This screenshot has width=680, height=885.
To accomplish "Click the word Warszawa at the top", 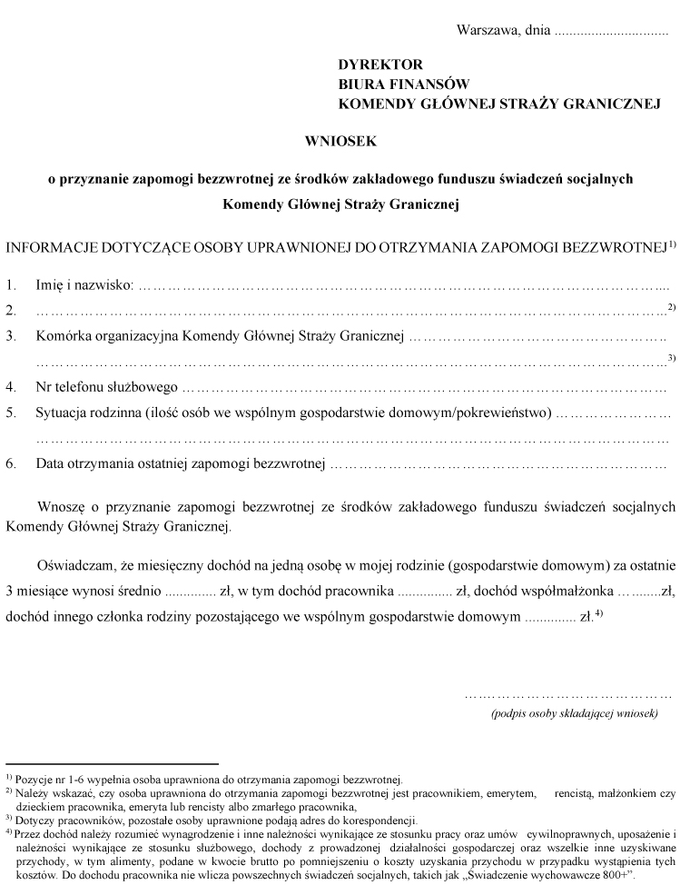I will (486, 29).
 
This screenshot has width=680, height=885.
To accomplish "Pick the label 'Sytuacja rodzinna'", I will (87, 413).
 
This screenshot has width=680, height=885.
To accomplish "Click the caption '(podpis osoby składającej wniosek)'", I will (574, 713).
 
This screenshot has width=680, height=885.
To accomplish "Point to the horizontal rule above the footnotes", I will (112, 764).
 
